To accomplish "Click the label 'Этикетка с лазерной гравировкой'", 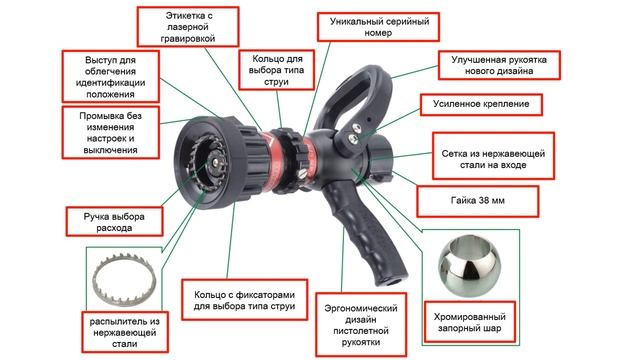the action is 188,27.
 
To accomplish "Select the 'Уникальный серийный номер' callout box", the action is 378,27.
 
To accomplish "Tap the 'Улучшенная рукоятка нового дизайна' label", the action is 499,65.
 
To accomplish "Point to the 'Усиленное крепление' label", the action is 481,104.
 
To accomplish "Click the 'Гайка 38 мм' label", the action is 478,201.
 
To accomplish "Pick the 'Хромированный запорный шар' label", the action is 469,322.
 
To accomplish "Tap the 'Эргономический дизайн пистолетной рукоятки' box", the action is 361,324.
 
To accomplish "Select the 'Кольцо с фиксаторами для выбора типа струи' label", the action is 244,300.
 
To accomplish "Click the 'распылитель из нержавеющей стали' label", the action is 125,332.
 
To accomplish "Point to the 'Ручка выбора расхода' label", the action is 114,222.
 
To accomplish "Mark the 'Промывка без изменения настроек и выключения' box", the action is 111,133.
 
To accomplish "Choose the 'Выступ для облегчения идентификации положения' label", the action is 111,76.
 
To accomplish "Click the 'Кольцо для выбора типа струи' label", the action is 277,70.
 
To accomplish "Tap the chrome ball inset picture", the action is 470,265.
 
